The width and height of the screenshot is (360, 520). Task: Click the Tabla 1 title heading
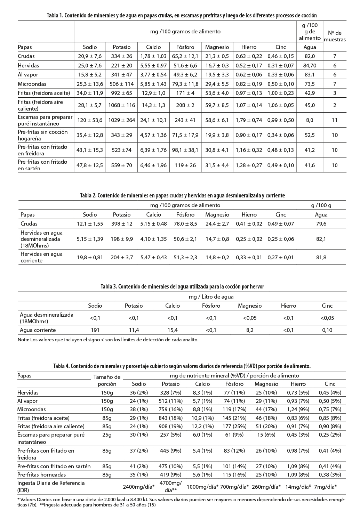coord(182,16)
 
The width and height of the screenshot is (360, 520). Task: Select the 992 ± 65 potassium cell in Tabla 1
coord(121,93)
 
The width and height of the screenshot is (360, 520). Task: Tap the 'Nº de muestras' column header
coord(335,36)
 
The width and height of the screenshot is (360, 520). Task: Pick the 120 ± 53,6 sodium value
coord(90,120)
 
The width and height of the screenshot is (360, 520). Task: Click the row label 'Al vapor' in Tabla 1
coord(28,74)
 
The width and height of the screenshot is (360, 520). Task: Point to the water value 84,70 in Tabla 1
coord(310,65)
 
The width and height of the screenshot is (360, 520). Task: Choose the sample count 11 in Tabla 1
coord(335,120)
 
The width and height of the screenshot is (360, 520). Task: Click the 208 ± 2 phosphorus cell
coord(185,105)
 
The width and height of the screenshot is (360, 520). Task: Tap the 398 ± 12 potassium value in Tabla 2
coord(121,224)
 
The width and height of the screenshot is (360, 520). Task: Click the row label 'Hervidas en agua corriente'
coord(41,257)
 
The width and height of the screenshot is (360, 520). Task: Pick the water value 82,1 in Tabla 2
coord(321,239)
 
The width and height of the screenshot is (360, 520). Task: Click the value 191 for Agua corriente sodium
coord(95,330)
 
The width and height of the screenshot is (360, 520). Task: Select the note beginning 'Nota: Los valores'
coord(108,340)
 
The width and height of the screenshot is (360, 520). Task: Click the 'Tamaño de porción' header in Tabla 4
coord(107,380)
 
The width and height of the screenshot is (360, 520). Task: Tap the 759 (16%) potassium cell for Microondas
coord(170,409)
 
